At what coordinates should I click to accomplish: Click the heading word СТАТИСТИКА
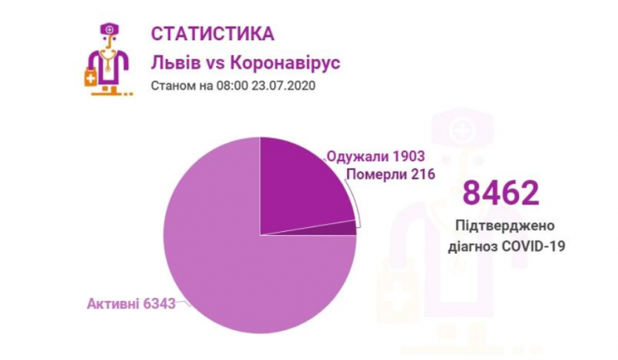pyautogui.click(x=212, y=35)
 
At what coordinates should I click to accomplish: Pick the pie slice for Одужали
pyautogui.click(x=302, y=185)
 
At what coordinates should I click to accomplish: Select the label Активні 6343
pyautogui.click(x=131, y=304)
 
